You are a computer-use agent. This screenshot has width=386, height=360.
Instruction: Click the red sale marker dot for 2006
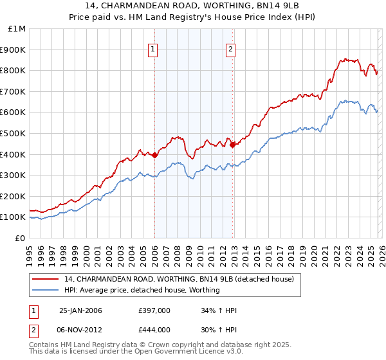pyautogui.click(x=155, y=155)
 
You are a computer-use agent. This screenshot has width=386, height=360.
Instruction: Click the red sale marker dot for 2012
pyautogui.click(x=232, y=145)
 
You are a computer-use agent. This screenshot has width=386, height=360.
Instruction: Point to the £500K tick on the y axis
pyautogui.click(x=14, y=133)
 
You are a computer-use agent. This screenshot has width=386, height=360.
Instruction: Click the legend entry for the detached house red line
pyautogui.click(x=179, y=279)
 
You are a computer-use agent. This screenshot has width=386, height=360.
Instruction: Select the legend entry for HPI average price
pyautogui.click(x=142, y=291)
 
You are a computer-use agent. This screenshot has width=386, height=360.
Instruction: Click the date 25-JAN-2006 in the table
pyautogui.click(x=80, y=310)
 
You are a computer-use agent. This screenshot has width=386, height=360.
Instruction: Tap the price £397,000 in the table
pyautogui.click(x=154, y=310)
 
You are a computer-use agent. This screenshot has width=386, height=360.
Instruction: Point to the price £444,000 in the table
pyautogui.click(x=154, y=330)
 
